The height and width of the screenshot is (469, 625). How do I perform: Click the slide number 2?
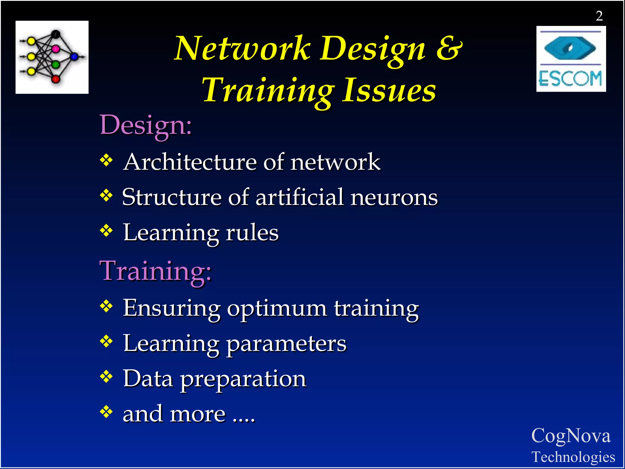(x=599, y=16)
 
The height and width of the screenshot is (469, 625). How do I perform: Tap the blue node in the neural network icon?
(x=74, y=56)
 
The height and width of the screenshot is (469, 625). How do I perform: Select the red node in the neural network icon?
(x=56, y=79)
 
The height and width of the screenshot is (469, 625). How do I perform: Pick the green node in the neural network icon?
(x=56, y=64)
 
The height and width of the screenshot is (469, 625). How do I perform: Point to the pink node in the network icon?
(x=56, y=49)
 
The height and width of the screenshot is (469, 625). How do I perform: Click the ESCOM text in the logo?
(x=570, y=78)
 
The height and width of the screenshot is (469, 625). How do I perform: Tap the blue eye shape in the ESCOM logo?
(x=570, y=48)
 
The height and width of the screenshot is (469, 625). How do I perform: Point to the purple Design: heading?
(x=146, y=125)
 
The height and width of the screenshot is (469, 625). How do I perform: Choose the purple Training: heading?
(x=156, y=271)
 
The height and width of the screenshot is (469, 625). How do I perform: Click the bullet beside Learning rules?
(x=106, y=231)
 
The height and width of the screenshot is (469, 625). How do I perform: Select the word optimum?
(x=277, y=308)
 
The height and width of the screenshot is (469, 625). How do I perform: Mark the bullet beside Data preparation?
(x=106, y=377)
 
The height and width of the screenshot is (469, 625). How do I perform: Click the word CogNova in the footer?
(x=571, y=436)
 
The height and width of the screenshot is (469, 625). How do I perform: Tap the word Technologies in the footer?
(x=573, y=457)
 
